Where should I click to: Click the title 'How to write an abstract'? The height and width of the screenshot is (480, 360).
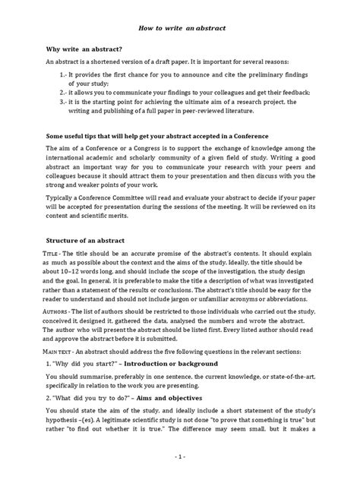coord(180,27)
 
